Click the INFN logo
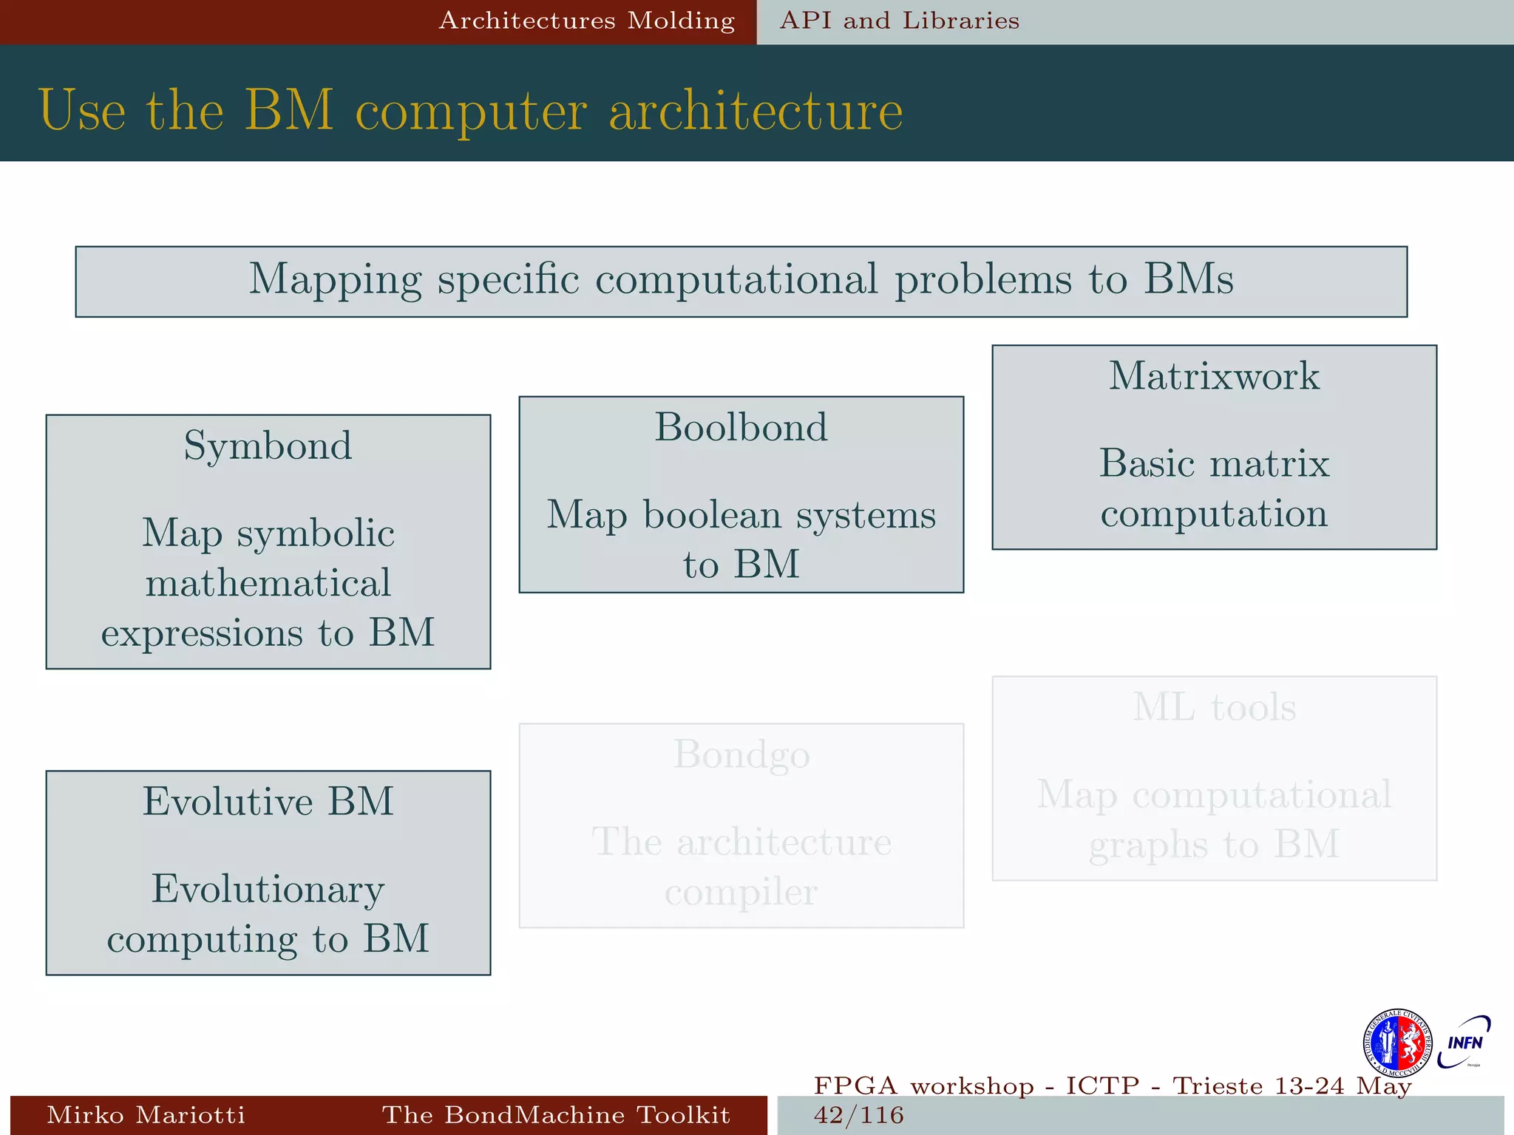click(1464, 1043)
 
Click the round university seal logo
click(1396, 1043)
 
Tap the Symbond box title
click(268, 446)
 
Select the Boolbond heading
click(741, 427)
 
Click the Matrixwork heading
click(1214, 375)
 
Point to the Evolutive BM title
click(268, 801)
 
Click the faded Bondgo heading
click(741, 754)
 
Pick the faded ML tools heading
click(1214, 707)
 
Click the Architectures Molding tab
click(586, 21)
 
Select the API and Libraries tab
click(899, 21)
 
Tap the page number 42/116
click(858, 1115)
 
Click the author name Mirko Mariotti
click(146, 1115)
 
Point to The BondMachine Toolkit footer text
click(555, 1115)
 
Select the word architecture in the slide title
click(755, 111)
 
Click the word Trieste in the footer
click(1218, 1085)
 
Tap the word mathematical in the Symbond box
click(268, 583)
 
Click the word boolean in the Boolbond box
click(711, 514)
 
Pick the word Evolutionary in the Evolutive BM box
click(268, 890)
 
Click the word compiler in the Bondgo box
click(741, 892)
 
